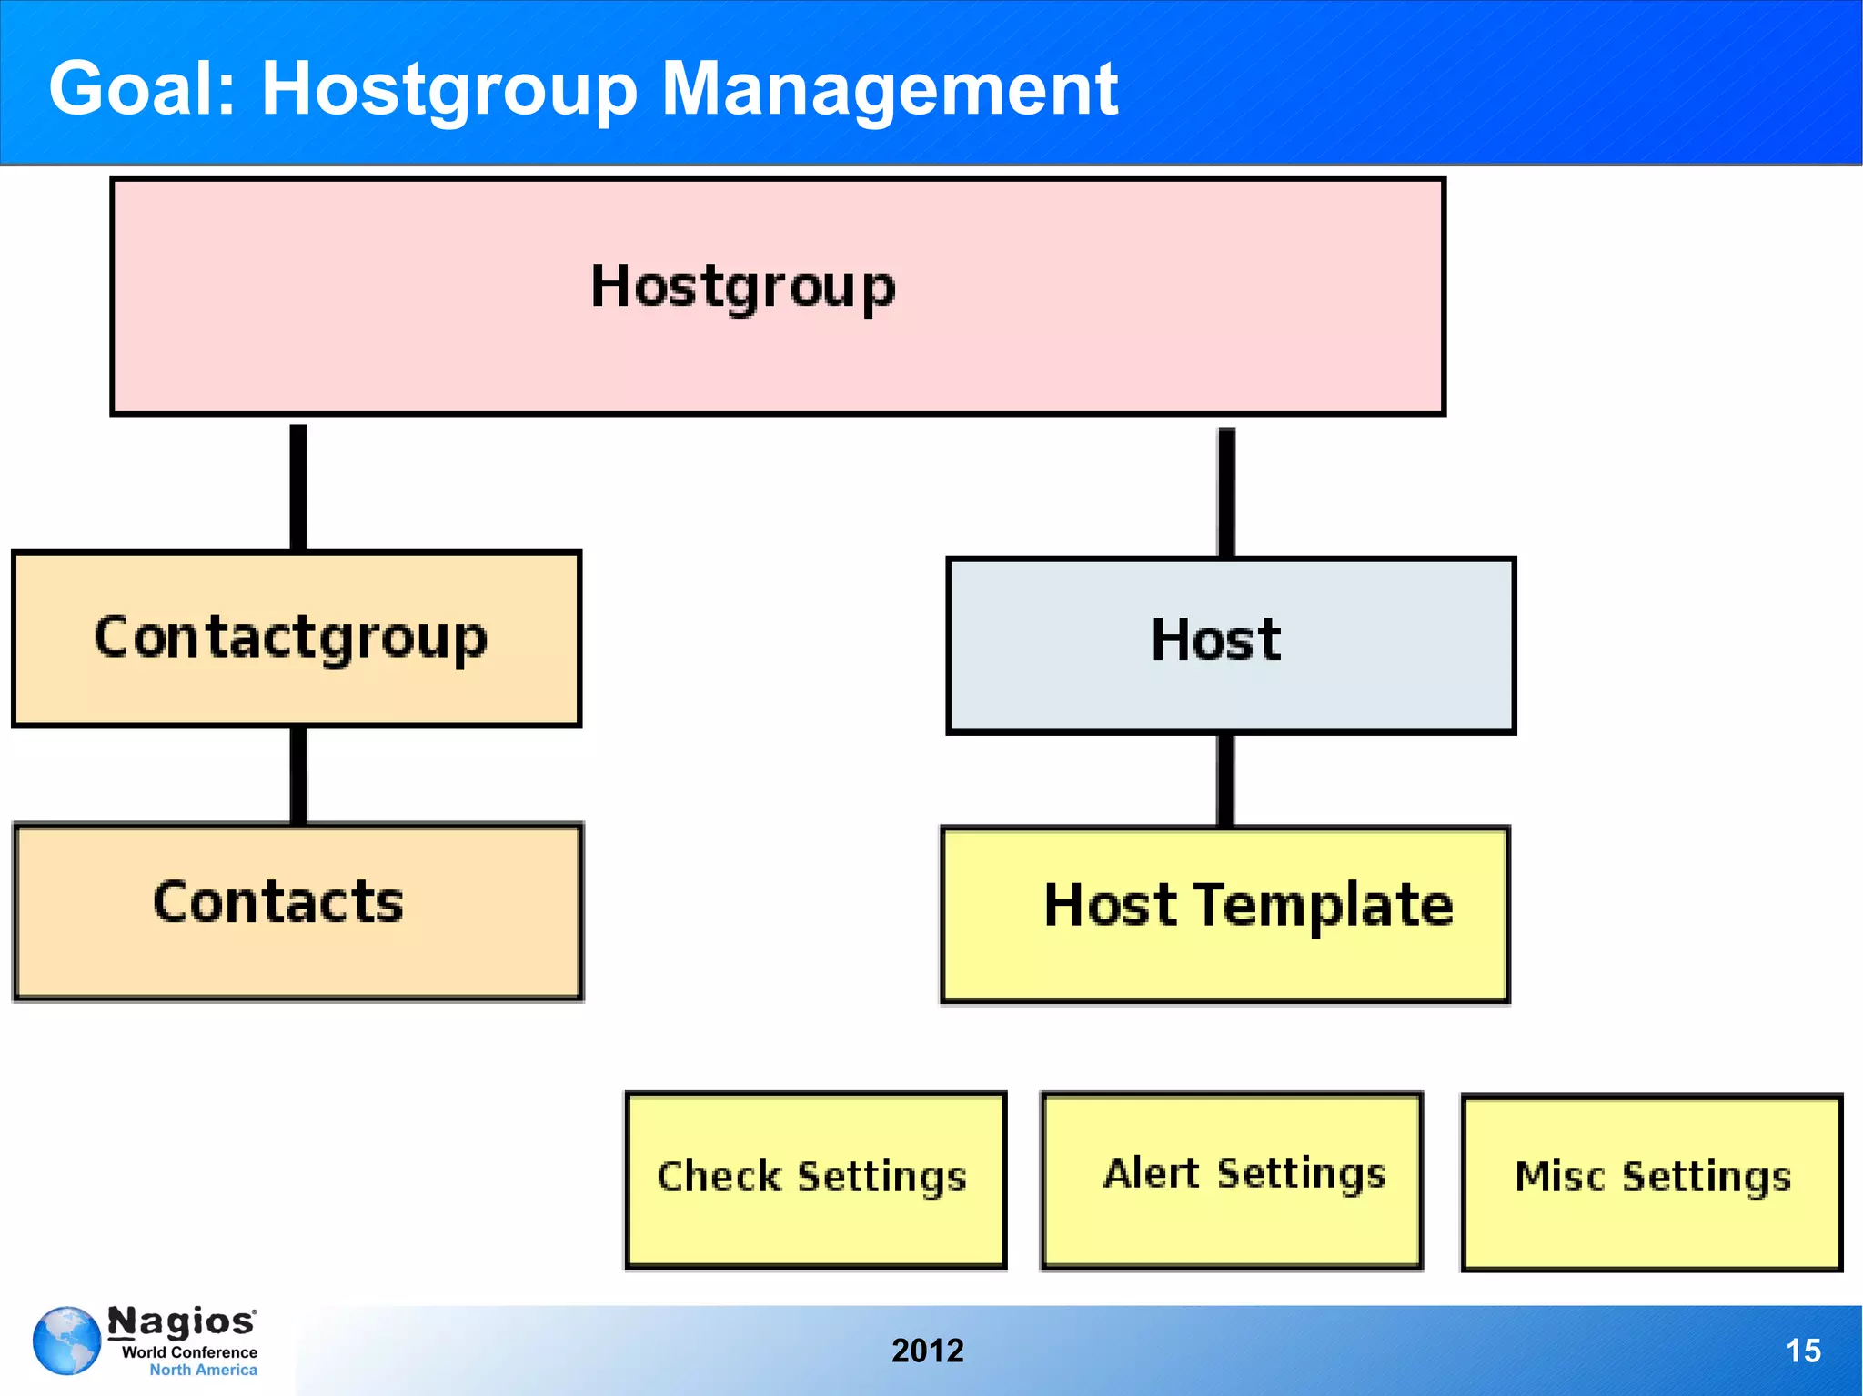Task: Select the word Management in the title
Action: tap(889, 89)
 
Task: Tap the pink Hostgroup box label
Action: tap(743, 287)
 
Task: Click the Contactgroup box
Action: tap(296, 638)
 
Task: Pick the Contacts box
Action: tap(297, 911)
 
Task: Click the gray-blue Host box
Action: tap(1230, 644)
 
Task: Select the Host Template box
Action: tap(1224, 913)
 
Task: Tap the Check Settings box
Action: tap(815, 1179)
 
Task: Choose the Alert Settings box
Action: tap(1231, 1179)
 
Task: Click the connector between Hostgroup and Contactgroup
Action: tap(297, 486)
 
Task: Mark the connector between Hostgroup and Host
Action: tap(1226, 491)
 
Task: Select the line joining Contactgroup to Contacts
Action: tap(297, 775)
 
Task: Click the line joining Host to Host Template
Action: tap(1225, 779)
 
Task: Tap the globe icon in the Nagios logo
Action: tap(66, 1341)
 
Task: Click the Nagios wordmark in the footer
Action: tap(182, 1321)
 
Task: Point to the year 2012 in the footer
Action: tap(927, 1351)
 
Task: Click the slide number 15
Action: tap(1802, 1351)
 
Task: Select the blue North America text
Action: tap(203, 1370)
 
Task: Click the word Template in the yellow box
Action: tap(1323, 906)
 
